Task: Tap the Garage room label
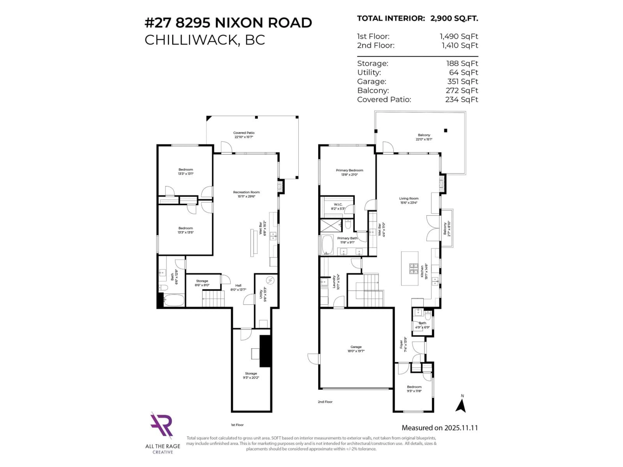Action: tap(356, 349)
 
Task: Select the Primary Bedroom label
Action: tap(349, 172)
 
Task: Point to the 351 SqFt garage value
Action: tap(462, 81)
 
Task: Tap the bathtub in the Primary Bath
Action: tap(327, 245)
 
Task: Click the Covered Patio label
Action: tap(244, 135)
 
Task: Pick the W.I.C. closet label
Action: tap(338, 206)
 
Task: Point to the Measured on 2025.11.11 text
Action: tap(440, 428)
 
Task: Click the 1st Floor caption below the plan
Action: tap(237, 425)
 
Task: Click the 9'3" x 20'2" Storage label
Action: tap(251, 375)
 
